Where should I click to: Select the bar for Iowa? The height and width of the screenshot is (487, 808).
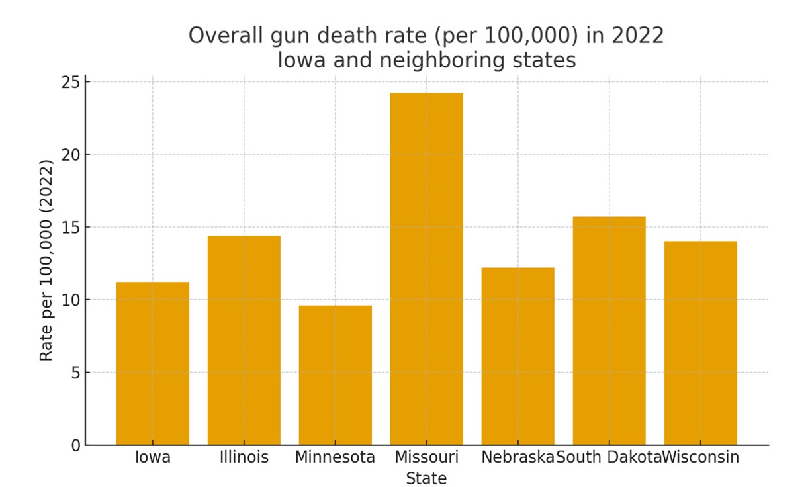152,363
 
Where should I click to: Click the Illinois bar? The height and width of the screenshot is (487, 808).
244,340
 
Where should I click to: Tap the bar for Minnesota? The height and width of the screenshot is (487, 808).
335,375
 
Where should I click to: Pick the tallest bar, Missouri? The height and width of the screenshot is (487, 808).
426,269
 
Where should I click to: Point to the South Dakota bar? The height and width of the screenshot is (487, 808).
609,331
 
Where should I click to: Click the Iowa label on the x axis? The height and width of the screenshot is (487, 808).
152,457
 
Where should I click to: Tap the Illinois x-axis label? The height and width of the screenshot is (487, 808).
244,457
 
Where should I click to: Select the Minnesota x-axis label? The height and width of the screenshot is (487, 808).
335,457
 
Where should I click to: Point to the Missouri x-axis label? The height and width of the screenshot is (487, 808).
426,457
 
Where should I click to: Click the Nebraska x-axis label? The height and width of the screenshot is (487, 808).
517,457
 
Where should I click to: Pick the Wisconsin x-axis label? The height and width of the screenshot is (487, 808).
701,457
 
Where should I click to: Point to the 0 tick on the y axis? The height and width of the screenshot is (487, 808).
75,445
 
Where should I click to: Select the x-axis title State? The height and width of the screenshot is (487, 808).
426,478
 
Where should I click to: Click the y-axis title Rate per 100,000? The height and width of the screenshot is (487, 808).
46,260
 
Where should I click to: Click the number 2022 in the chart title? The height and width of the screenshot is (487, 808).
637,36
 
